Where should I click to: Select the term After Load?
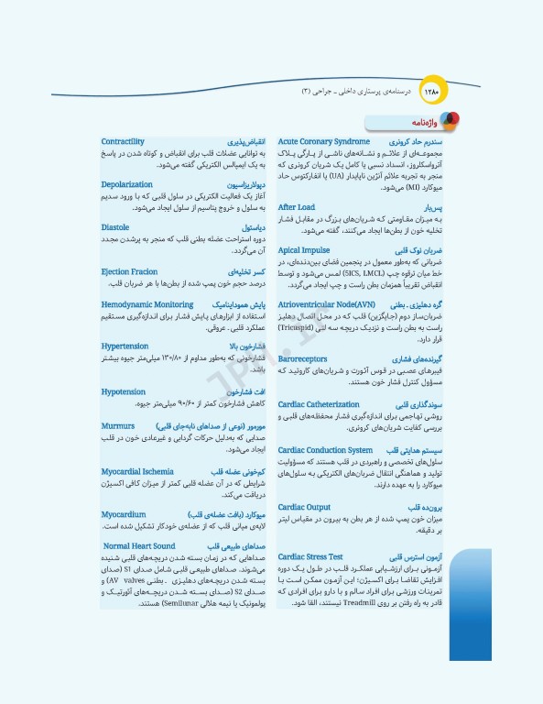pyautogui.click(x=296, y=207)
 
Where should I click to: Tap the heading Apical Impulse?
pyautogui.click(x=304, y=249)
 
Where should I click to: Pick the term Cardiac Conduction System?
pyautogui.click(x=325, y=450)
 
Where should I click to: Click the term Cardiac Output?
pyautogui.click(x=304, y=507)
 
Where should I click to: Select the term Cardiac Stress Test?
pyautogui.click(x=310, y=555)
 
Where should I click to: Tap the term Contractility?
pyautogui.click(x=123, y=142)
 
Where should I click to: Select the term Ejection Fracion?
pyautogui.click(x=129, y=271)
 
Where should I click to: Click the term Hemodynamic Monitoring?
pyautogui.click(x=147, y=303)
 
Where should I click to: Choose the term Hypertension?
pyautogui.click(x=125, y=346)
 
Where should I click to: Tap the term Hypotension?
pyautogui.click(x=124, y=391)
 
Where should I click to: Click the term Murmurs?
pyautogui.click(x=116, y=426)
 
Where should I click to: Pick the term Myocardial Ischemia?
pyautogui.click(x=138, y=471)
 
